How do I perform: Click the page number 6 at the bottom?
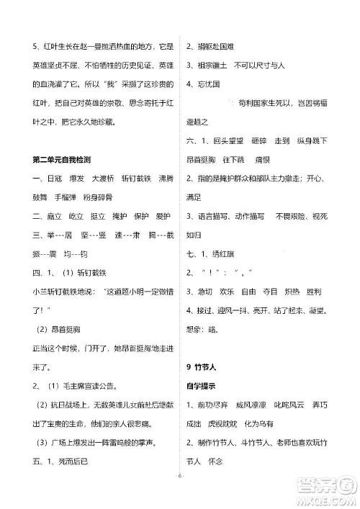pyautogui.click(x=180, y=496)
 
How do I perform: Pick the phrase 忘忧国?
pyautogui.click(x=207, y=84)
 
